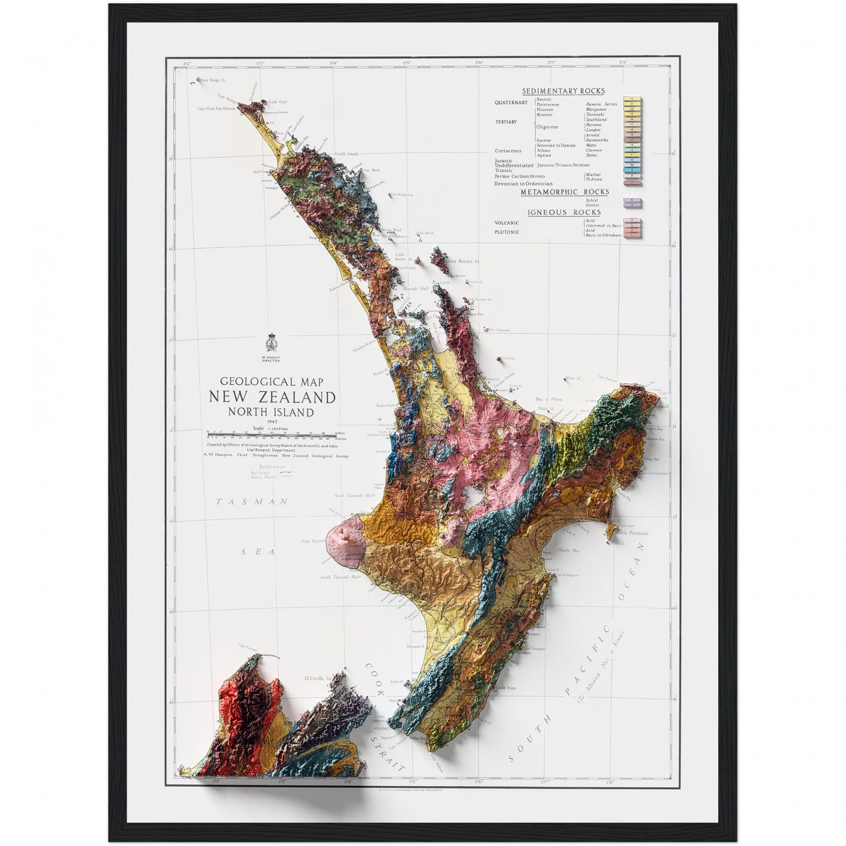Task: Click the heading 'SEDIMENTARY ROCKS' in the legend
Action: (563, 91)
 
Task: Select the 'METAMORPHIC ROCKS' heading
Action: (565, 192)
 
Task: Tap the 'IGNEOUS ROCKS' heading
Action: (564, 212)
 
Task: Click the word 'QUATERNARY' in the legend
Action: (511, 102)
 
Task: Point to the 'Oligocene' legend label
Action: (547, 127)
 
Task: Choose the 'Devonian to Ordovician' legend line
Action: (523, 183)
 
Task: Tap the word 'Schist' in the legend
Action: (592, 200)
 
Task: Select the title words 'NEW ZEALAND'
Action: (272, 397)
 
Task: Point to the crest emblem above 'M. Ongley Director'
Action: (272, 343)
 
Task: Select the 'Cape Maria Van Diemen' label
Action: (216, 109)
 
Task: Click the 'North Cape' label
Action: (278, 102)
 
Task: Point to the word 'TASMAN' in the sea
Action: (252, 502)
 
